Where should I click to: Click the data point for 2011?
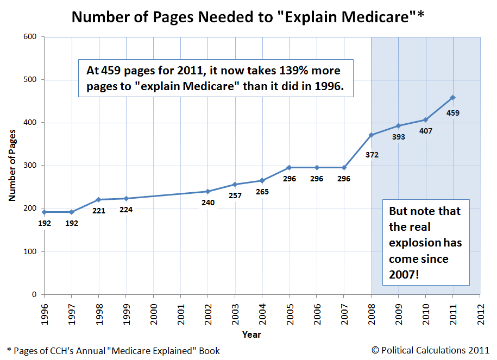(x=452, y=98)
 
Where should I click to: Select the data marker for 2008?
(x=371, y=135)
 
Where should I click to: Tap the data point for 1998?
(x=99, y=200)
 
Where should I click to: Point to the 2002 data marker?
(x=207, y=192)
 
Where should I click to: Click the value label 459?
(x=452, y=113)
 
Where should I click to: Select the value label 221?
(x=99, y=211)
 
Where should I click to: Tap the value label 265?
(x=262, y=192)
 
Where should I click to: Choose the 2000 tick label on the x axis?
(x=154, y=314)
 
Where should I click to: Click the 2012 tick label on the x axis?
(x=480, y=314)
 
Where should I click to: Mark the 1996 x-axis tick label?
(x=45, y=314)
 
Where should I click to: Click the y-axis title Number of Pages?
(x=12, y=166)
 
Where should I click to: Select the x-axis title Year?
(x=251, y=333)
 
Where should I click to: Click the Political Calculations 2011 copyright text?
(x=431, y=350)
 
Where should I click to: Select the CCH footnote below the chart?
(x=113, y=351)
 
